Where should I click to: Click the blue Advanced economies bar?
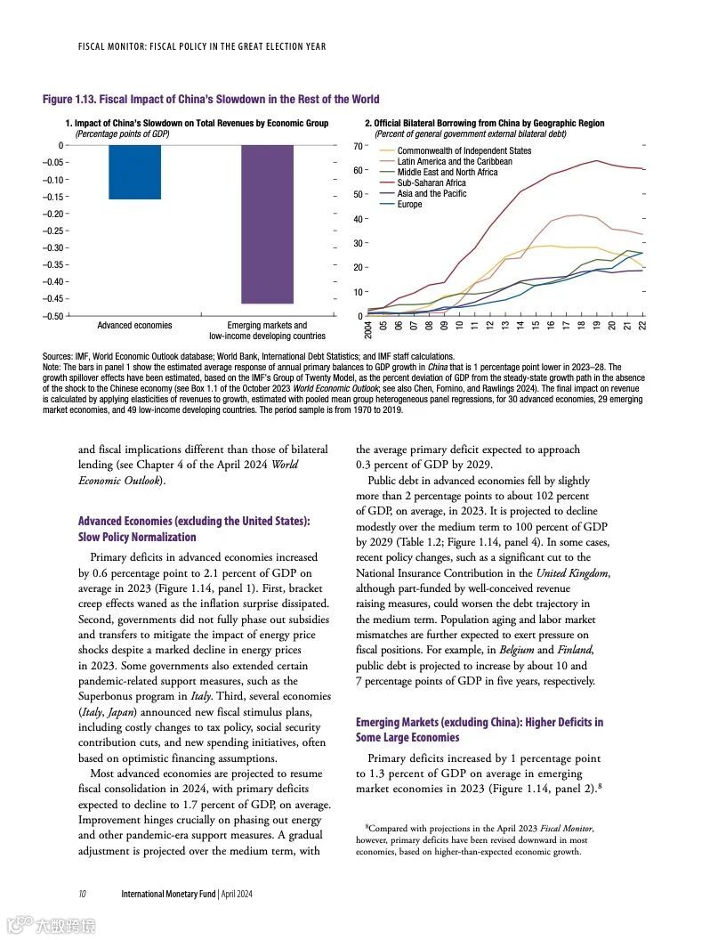(x=135, y=172)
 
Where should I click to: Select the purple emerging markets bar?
(x=268, y=223)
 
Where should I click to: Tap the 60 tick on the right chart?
(x=359, y=170)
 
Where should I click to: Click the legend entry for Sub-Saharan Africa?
(x=431, y=183)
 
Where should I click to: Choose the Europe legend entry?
(x=409, y=205)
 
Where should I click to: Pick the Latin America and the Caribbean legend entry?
(x=454, y=162)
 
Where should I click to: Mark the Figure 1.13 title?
(x=211, y=100)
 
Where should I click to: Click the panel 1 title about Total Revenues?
(x=197, y=124)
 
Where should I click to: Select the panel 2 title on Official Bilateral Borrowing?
(x=484, y=124)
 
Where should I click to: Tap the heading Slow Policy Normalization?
(x=137, y=538)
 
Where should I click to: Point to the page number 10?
(x=82, y=893)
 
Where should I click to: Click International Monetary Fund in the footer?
(x=168, y=893)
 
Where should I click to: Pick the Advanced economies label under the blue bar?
(x=134, y=326)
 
